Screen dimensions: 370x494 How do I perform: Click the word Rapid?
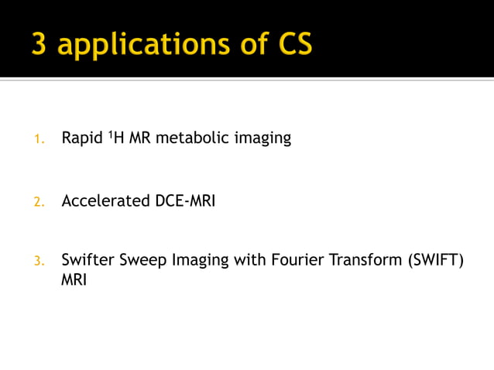click(x=81, y=139)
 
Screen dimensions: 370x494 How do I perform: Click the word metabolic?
click(x=188, y=139)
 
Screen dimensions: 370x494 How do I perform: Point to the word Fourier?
click(x=296, y=260)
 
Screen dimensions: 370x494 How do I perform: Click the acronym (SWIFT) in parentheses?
click(x=434, y=260)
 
